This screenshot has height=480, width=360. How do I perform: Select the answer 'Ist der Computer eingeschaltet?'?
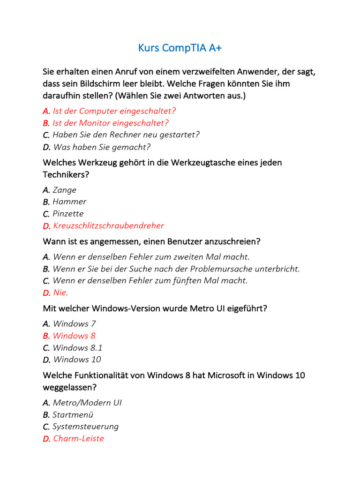[114, 111]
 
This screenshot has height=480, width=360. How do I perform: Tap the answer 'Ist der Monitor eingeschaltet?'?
[110, 123]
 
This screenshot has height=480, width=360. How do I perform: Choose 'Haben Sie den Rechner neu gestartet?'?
[126, 135]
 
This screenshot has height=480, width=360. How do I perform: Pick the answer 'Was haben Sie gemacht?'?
[101, 147]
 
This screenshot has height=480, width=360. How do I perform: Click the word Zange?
[64, 190]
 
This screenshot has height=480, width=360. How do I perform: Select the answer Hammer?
[69, 202]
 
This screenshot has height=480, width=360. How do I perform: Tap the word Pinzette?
[68, 214]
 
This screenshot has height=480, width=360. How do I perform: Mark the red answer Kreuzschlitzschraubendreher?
[108, 225]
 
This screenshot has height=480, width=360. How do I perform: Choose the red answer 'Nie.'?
[60, 292]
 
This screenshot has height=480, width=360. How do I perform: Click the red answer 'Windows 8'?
[74, 336]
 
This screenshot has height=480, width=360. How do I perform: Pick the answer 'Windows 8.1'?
[77, 348]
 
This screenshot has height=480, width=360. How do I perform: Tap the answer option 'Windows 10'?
[77, 360]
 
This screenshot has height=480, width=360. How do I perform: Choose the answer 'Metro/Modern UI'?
[87, 403]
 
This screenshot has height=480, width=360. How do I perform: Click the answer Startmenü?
[73, 415]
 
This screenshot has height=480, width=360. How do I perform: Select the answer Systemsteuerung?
[85, 427]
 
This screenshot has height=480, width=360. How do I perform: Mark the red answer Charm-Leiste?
[78, 439]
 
